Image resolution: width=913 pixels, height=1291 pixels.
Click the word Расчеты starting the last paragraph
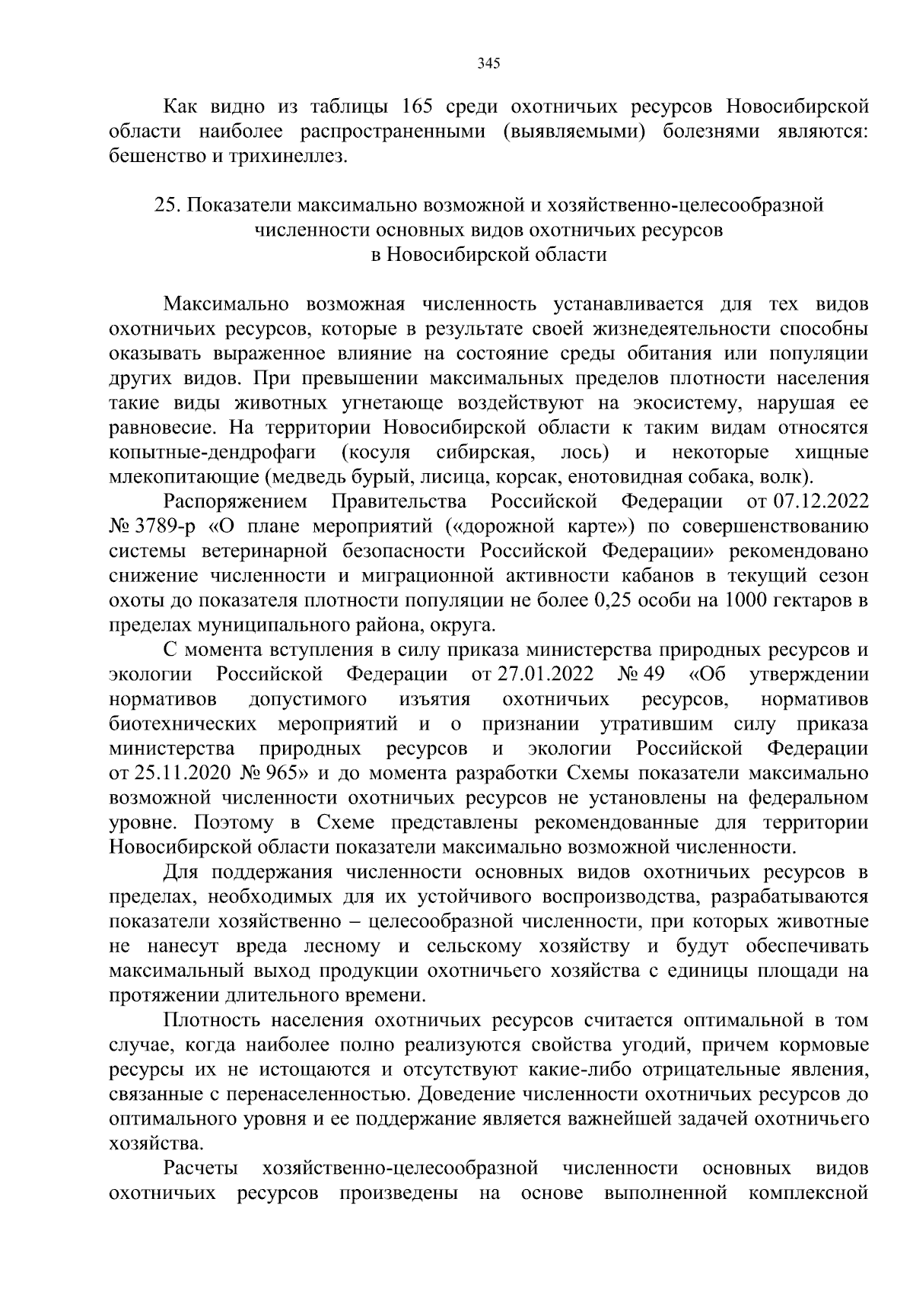pos(199,1169)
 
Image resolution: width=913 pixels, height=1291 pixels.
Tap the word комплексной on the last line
pos(807,1194)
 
